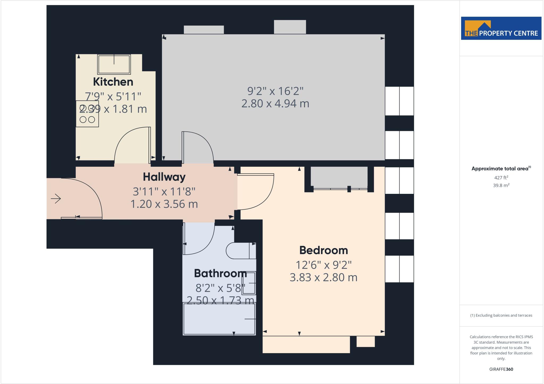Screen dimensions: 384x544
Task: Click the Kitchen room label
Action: click(x=113, y=82)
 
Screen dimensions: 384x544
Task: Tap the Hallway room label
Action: click(x=164, y=177)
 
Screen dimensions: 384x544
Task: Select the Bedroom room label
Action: click(x=324, y=250)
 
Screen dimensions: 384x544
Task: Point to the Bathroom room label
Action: click(x=220, y=273)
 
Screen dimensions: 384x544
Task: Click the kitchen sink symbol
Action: click(x=114, y=64)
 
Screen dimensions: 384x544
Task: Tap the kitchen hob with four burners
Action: click(x=87, y=114)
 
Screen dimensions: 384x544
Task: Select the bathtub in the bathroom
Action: click(x=219, y=319)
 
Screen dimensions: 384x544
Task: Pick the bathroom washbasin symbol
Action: click(x=249, y=283)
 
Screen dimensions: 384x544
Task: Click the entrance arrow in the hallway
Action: click(x=56, y=199)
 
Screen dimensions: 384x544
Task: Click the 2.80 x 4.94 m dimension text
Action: click(x=275, y=104)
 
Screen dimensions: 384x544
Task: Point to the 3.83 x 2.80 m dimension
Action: click(x=323, y=278)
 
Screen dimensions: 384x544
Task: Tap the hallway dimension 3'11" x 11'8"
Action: click(x=164, y=191)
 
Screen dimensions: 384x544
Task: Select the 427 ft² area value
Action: click(x=501, y=178)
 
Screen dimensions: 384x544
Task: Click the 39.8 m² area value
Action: click(x=501, y=185)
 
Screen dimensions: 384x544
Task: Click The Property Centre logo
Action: click(x=501, y=28)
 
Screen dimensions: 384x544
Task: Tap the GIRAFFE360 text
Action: click(x=501, y=369)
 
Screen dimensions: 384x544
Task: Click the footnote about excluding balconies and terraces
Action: click(x=501, y=315)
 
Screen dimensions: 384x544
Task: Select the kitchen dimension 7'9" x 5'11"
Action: click(x=113, y=96)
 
